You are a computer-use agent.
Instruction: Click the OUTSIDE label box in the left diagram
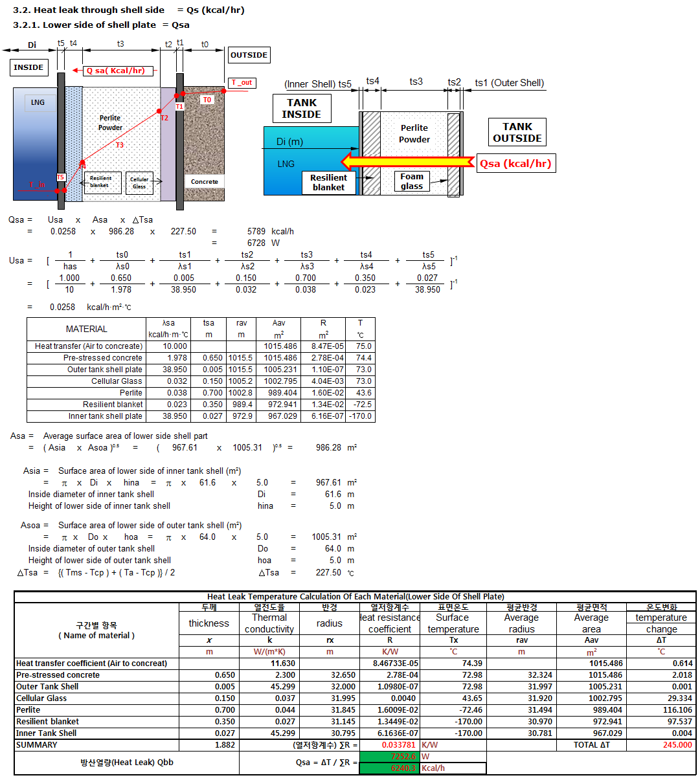(249, 55)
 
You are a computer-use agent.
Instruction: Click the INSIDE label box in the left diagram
(28, 67)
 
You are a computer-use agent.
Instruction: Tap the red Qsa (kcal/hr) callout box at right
(515, 163)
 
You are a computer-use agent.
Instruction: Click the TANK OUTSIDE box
(517, 132)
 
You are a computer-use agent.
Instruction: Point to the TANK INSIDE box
(302, 108)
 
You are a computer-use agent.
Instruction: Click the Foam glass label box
(412, 181)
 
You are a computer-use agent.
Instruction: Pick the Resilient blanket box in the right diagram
(328, 183)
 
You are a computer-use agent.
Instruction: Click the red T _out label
(242, 83)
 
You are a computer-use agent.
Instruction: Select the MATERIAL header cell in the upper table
(87, 329)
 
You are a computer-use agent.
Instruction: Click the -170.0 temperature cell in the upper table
(360, 416)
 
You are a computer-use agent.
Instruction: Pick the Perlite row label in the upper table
(131, 393)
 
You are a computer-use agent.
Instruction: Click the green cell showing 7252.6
(390, 757)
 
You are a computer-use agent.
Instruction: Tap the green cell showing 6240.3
(390, 768)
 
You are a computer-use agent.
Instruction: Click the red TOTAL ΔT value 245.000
(677, 745)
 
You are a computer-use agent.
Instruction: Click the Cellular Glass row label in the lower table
(41, 698)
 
